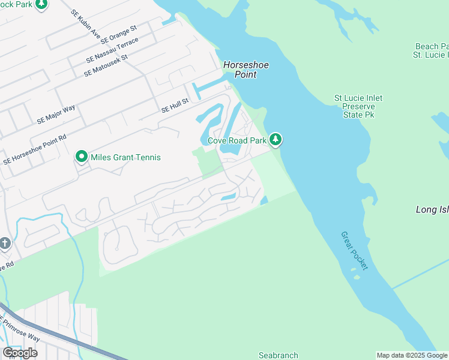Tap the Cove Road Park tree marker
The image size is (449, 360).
[x=276, y=140]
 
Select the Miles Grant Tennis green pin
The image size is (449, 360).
[x=82, y=157]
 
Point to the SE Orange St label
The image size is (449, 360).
[x=119, y=35]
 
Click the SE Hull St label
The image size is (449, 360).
[x=175, y=106]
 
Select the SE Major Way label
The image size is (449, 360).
[x=56, y=114]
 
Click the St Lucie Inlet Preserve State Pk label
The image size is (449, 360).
[x=358, y=106]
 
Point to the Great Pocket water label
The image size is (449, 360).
[x=354, y=250]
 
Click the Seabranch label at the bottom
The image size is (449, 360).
[x=279, y=355]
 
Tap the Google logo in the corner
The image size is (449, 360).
[x=20, y=352]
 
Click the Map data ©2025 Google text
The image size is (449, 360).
[x=412, y=355]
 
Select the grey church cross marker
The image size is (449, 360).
[x=5, y=244]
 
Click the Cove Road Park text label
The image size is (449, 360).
[x=237, y=141]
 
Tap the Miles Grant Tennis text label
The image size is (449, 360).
[x=125, y=158]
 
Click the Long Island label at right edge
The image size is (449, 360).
[x=432, y=209]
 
